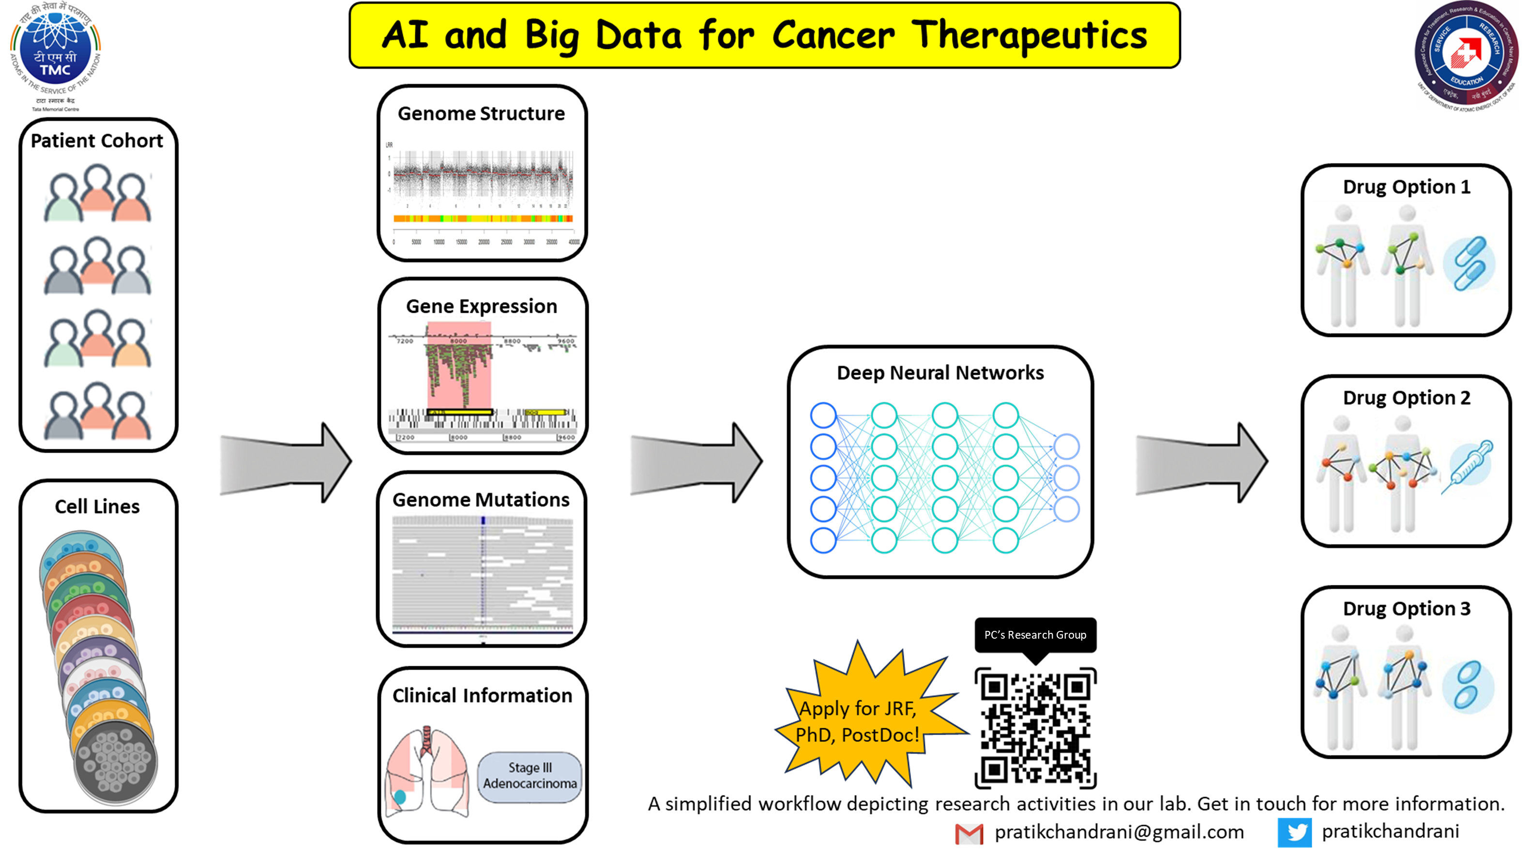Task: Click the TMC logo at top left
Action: tap(55, 53)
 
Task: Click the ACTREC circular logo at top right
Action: tap(1465, 55)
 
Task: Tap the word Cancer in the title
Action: tap(833, 36)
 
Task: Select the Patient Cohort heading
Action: tap(97, 140)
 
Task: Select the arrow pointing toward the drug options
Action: tap(1201, 463)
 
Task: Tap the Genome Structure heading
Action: tap(481, 113)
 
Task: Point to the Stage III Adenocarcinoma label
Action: tap(530, 776)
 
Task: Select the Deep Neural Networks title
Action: tap(939, 373)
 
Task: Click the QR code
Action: tap(1035, 728)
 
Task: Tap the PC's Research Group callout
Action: tap(1035, 635)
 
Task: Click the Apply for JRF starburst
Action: tap(857, 721)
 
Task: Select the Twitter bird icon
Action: tap(1294, 832)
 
